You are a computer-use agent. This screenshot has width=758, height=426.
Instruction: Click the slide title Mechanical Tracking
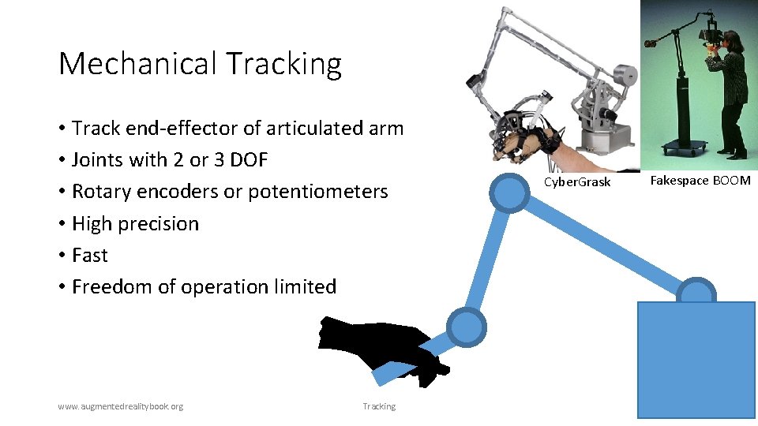200,64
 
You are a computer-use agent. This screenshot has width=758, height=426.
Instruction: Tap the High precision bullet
135,224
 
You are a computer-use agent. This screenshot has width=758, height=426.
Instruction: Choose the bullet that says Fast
89,256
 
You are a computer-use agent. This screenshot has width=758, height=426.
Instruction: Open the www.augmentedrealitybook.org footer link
120,406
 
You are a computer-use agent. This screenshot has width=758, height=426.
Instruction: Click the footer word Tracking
379,406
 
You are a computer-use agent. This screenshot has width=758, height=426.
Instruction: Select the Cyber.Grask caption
577,182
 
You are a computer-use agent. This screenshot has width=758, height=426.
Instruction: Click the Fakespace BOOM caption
700,181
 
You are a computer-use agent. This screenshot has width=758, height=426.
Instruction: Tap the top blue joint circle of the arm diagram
508,191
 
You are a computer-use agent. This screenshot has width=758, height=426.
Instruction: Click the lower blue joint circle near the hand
467,327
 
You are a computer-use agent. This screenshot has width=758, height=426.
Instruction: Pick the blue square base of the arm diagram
696,359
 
